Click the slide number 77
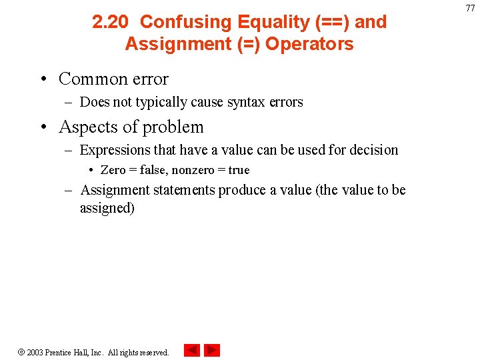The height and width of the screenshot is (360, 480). pos(470,8)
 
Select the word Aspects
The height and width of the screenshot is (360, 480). pos(87,127)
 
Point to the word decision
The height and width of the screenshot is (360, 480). pos(371,150)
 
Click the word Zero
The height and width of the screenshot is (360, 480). pos(113,170)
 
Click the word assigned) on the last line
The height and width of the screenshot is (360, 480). pos(107,208)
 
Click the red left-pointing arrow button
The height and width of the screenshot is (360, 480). pos(191,350)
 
